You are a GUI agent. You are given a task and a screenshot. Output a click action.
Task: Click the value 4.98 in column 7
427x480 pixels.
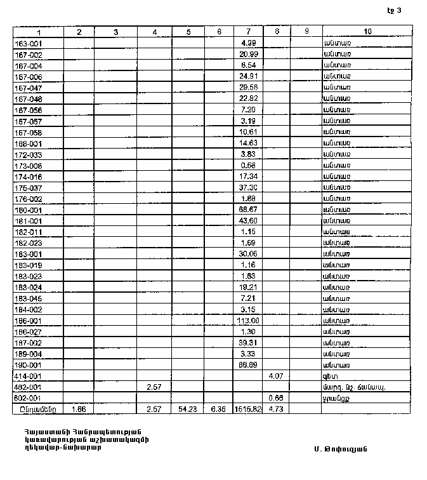tap(248, 43)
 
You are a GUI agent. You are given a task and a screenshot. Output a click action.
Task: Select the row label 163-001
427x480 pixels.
tap(27, 43)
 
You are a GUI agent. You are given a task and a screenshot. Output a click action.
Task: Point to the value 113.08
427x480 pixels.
tap(248, 321)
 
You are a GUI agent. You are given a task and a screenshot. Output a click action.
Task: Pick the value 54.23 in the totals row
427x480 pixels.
tap(188, 410)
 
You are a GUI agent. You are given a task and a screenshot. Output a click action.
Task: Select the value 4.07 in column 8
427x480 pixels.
tap(276, 376)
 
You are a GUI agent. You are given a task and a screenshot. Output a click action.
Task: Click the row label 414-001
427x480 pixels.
tap(27, 376)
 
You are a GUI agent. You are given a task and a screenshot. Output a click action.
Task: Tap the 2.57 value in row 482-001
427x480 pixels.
tap(155, 387)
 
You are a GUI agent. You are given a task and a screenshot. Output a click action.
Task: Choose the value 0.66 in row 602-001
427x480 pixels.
tap(276, 398)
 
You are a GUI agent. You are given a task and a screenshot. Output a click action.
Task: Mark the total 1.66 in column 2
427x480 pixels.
tap(79, 410)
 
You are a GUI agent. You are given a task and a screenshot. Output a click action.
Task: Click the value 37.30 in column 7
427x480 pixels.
tap(248, 188)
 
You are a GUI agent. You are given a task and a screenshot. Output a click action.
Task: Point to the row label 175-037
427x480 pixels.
tap(27, 188)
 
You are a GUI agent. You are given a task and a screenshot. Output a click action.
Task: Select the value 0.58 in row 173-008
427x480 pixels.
tap(248, 166)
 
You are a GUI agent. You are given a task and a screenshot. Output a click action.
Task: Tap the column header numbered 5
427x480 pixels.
tap(188, 31)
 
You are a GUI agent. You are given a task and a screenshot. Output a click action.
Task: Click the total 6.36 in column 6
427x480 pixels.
tap(219, 410)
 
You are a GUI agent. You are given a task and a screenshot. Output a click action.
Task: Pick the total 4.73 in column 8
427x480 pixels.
tap(276, 410)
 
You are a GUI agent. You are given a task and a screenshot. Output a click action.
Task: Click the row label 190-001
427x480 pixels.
tap(27, 365)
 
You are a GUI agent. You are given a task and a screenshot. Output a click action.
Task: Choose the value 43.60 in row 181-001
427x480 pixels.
tap(248, 221)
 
